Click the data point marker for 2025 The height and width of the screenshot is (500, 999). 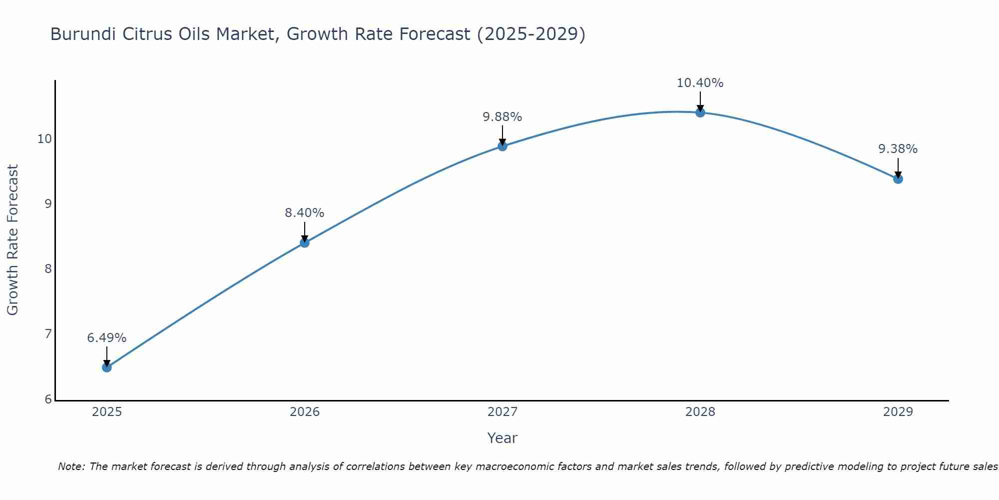click(107, 367)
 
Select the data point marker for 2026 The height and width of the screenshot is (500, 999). click(305, 243)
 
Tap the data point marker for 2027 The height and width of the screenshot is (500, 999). click(502, 146)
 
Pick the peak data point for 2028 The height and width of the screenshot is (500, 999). click(700, 112)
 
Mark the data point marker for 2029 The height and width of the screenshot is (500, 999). click(898, 179)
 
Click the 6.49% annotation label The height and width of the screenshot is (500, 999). click(107, 338)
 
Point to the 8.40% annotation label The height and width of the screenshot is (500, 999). click(305, 213)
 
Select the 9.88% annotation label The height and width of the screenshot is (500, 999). click(502, 117)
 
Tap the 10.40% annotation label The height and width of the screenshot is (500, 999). click(700, 83)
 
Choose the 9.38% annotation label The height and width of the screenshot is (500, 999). click(898, 149)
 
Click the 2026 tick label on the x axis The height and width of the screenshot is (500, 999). click(305, 412)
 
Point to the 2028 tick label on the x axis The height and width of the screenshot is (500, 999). click(700, 412)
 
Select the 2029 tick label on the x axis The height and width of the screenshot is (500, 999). click(898, 412)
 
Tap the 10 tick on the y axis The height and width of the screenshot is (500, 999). click(44, 139)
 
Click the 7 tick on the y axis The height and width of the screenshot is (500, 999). click(48, 334)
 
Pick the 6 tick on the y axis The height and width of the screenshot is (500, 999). click(48, 399)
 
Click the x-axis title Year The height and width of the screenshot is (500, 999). click(502, 438)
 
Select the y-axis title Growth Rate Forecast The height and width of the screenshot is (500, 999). click(13, 240)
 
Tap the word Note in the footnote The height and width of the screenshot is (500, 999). click(71, 466)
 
